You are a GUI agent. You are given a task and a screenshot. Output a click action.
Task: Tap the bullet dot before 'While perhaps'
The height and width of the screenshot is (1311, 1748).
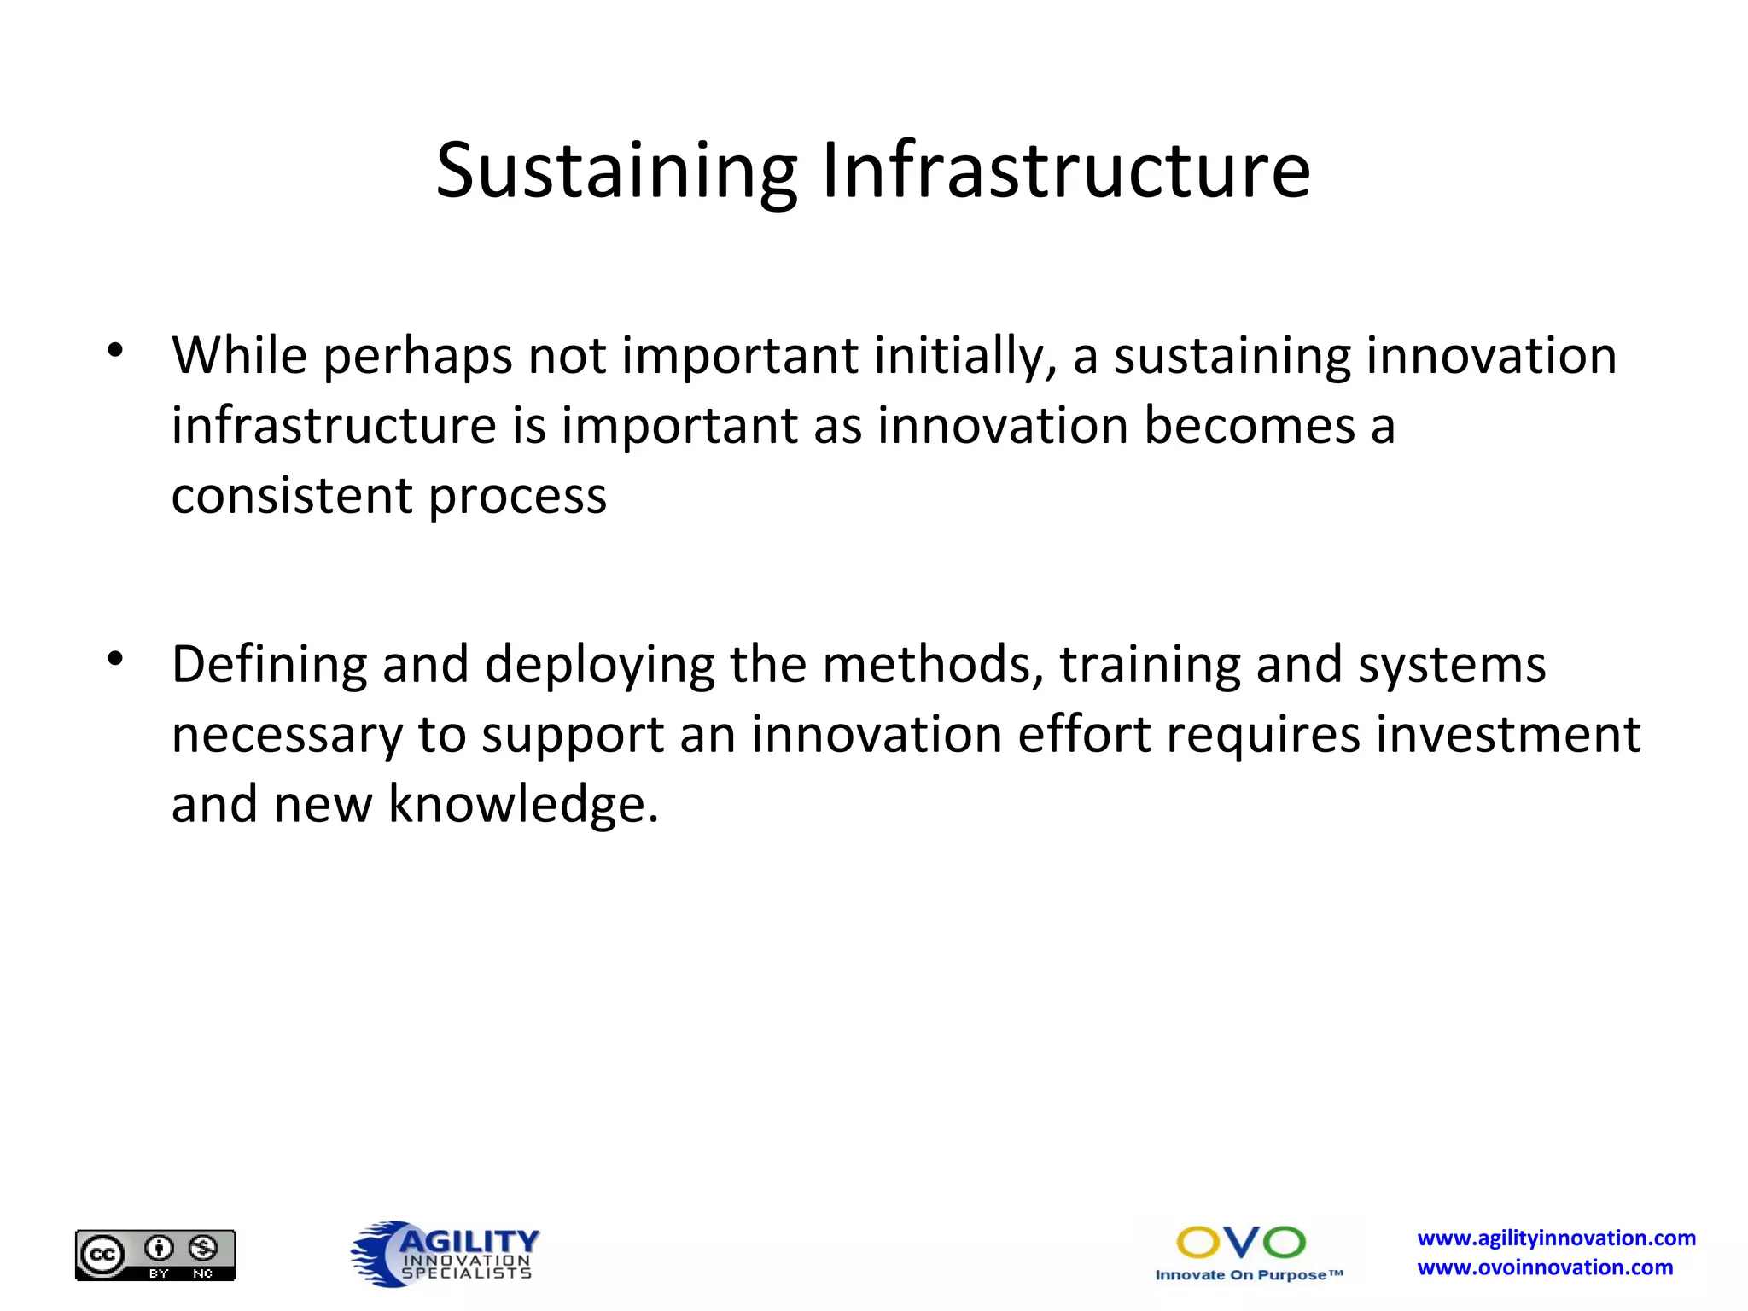115,350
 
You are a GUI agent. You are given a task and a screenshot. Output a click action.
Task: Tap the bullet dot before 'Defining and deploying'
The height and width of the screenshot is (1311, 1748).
115,659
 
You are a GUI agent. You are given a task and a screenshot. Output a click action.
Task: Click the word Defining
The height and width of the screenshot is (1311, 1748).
269,666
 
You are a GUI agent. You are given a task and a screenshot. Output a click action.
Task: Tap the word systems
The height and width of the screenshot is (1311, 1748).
1451,666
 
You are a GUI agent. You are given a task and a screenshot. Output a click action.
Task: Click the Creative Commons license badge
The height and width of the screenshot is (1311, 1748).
155,1255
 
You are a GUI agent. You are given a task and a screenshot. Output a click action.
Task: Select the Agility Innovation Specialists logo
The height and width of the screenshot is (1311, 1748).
445,1253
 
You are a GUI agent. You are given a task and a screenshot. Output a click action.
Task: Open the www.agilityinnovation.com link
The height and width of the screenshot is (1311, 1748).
1556,1238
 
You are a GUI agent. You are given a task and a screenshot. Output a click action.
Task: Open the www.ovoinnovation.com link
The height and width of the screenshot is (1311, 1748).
1545,1267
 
